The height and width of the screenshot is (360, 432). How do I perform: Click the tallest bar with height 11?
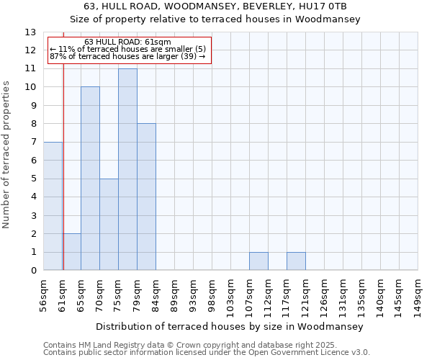pyautogui.click(x=127, y=169)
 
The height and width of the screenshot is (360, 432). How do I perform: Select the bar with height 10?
pyautogui.click(x=90, y=179)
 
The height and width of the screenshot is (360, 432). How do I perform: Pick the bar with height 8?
pyautogui.click(x=146, y=197)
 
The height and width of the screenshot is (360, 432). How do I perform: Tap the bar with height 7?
pyautogui.click(x=53, y=206)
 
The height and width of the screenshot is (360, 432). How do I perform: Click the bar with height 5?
pyautogui.click(x=109, y=224)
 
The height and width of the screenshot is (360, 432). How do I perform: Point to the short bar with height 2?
pyautogui.click(x=71, y=252)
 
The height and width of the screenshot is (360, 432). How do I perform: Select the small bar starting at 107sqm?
pyautogui.click(x=258, y=261)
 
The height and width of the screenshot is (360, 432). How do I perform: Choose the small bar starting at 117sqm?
pyautogui.click(x=296, y=261)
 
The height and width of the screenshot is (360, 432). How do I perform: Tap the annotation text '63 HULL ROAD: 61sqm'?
pyautogui.click(x=127, y=42)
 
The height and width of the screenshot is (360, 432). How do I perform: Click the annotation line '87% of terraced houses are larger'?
pyautogui.click(x=127, y=56)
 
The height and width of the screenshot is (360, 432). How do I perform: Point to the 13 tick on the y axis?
pyautogui.click(x=30, y=32)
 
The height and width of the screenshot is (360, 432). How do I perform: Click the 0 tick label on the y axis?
pyautogui.click(x=33, y=271)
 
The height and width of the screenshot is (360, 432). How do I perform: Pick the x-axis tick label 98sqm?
pyautogui.click(x=212, y=295)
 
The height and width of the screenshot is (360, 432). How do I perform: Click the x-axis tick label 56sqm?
pyautogui.click(x=43, y=295)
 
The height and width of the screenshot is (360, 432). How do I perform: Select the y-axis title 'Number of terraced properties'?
pyautogui.click(x=7, y=155)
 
